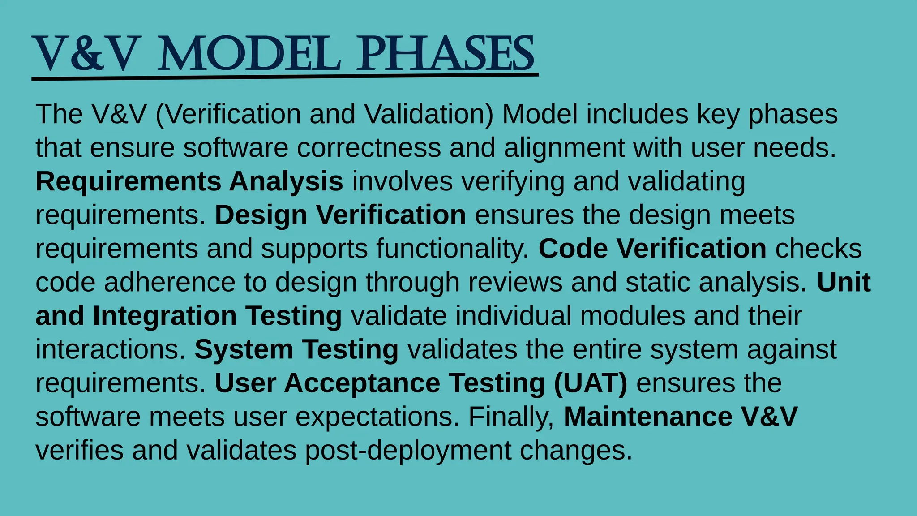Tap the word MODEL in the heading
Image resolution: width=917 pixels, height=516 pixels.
click(x=249, y=54)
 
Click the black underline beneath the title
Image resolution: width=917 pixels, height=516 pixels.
click(x=285, y=77)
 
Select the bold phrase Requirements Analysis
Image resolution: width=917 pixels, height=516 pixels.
click(x=189, y=181)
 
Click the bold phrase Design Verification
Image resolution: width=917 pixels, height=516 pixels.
click(x=340, y=215)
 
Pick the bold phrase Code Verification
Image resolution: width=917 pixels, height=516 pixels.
click(x=652, y=249)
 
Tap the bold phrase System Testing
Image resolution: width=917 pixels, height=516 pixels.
click(x=296, y=349)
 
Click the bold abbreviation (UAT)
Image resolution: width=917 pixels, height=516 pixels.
click(x=591, y=383)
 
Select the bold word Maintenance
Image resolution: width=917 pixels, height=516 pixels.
click(x=648, y=417)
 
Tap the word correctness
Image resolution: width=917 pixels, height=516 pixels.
click(x=369, y=148)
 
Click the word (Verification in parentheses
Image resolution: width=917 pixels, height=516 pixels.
click(x=228, y=114)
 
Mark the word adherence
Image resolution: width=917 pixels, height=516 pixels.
click(x=170, y=282)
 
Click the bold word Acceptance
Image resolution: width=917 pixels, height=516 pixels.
click(x=362, y=383)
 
